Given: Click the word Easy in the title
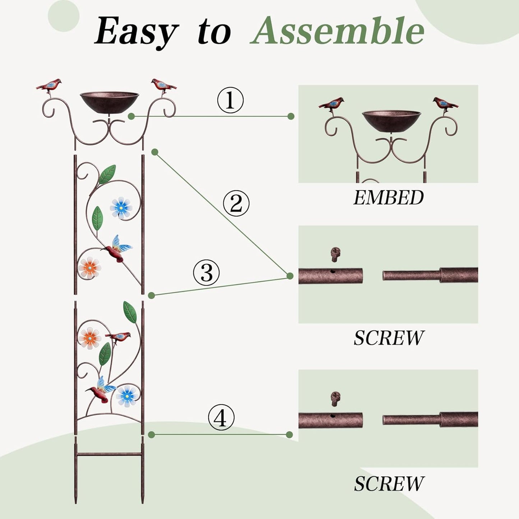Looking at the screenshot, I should (136, 32).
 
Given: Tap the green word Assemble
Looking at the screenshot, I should (337, 31).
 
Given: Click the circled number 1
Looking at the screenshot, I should (230, 100).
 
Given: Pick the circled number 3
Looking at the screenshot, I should (207, 272).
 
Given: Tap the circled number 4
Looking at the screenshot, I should (221, 418).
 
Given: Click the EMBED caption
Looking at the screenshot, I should (389, 198).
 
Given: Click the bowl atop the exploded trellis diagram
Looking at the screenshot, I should (109, 100).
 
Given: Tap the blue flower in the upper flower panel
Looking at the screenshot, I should (121, 208).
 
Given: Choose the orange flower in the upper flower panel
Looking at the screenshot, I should (89, 268).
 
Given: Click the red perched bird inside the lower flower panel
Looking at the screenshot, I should (119, 337).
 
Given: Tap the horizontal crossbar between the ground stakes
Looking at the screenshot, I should (109, 454).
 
